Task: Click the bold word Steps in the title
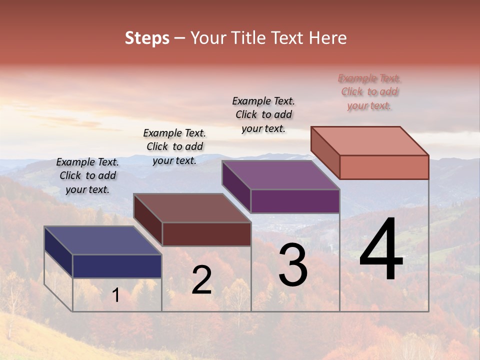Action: coord(147,38)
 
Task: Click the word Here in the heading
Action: coord(327,38)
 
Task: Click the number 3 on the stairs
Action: coord(292,264)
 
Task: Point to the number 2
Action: coord(201,280)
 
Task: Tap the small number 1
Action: coord(116,295)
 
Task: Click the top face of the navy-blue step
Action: coord(102,240)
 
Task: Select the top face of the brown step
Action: coord(192,208)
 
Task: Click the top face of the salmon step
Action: coord(370,141)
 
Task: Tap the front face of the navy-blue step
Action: coord(117,266)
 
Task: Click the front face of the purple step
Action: coord(295,201)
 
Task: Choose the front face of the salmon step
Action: coord(384,167)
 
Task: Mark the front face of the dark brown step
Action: coord(206,234)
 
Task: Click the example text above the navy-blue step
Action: coord(87,175)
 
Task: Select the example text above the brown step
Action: coord(174,146)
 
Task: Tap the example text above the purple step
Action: coord(263,114)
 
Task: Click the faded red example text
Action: coord(369,91)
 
